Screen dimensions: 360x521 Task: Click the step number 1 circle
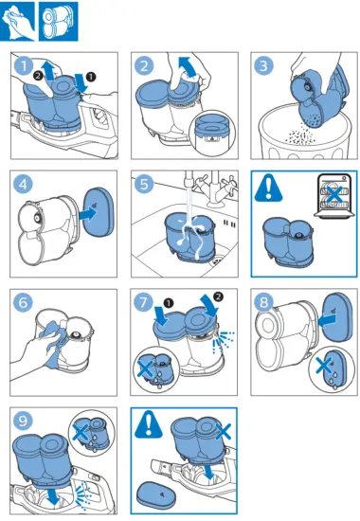coord(24,65)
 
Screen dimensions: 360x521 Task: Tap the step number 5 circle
coord(144,184)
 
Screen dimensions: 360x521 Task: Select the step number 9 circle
coord(23,421)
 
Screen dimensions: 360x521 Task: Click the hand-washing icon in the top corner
coord(18,22)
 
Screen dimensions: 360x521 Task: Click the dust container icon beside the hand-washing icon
coord(59,22)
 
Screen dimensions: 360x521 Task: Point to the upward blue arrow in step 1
coord(49,71)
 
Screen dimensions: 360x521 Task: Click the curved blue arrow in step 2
coord(189,66)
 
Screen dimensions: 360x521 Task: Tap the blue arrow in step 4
coord(88,213)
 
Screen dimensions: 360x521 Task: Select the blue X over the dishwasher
coord(334,195)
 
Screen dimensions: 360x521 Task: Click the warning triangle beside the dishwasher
coord(269,189)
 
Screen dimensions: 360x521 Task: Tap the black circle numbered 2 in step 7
coord(218,296)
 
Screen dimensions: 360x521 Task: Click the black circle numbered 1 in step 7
coord(169,303)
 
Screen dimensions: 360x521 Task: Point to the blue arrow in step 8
coord(327,320)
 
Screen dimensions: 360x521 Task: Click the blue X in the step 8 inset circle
coord(323,366)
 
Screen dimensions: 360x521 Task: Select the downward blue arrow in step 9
coord(53,496)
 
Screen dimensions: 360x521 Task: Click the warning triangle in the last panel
coord(149,424)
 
